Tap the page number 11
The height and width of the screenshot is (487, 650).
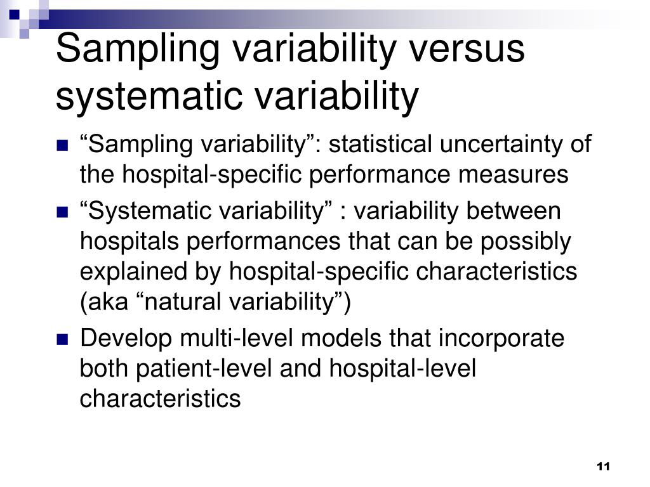click(603, 467)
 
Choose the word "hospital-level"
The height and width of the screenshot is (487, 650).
click(402, 369)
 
